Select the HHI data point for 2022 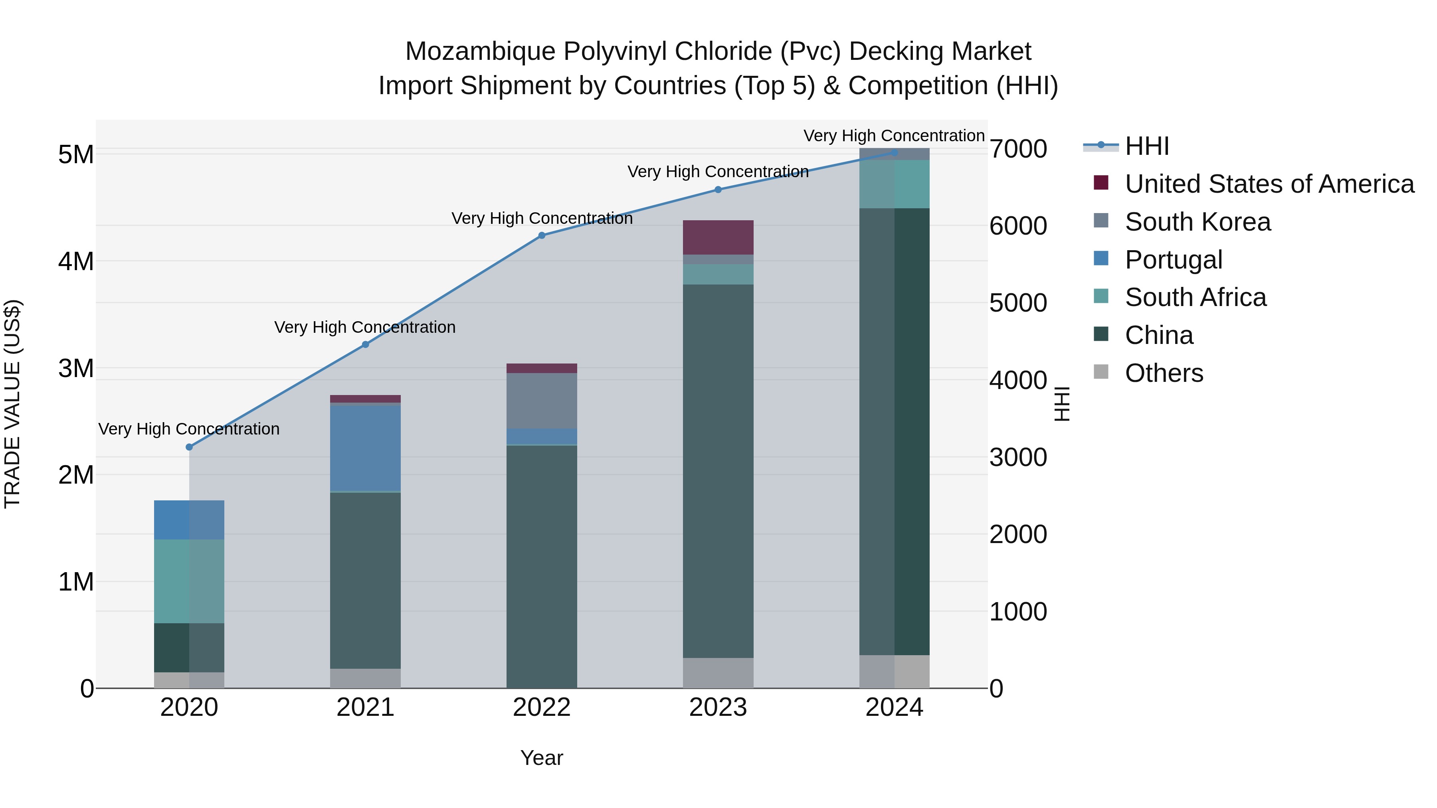pyautogui.click(x=542, y=235)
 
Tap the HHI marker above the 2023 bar pyautogui.click(x=718, y=190)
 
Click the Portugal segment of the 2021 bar pyautogui.click(x=365, y=448)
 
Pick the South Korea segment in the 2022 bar pyautogui.click(x=542, y=400)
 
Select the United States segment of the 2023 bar pyautogui.click(x=718, y=237)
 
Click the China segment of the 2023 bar pyautogui.click(x=718, y=471)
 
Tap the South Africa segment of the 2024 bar pyautogui.click(x=894, y=184)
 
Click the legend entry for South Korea pyautogui.click(x=1197, y=222)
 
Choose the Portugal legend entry pyautogui.click(x=1173, y=260)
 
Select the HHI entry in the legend pyautogui.click(x=1146, y=146)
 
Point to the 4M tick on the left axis pyautogui.click(x=76, y=261)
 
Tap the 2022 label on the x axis pyautogui.click(x=542, y=707)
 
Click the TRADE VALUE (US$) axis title pyautogui.click(x=12, y=404)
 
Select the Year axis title pyautogui.click(x=542, y=758)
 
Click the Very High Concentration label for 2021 pyautogui.click(x=365, y=327)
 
